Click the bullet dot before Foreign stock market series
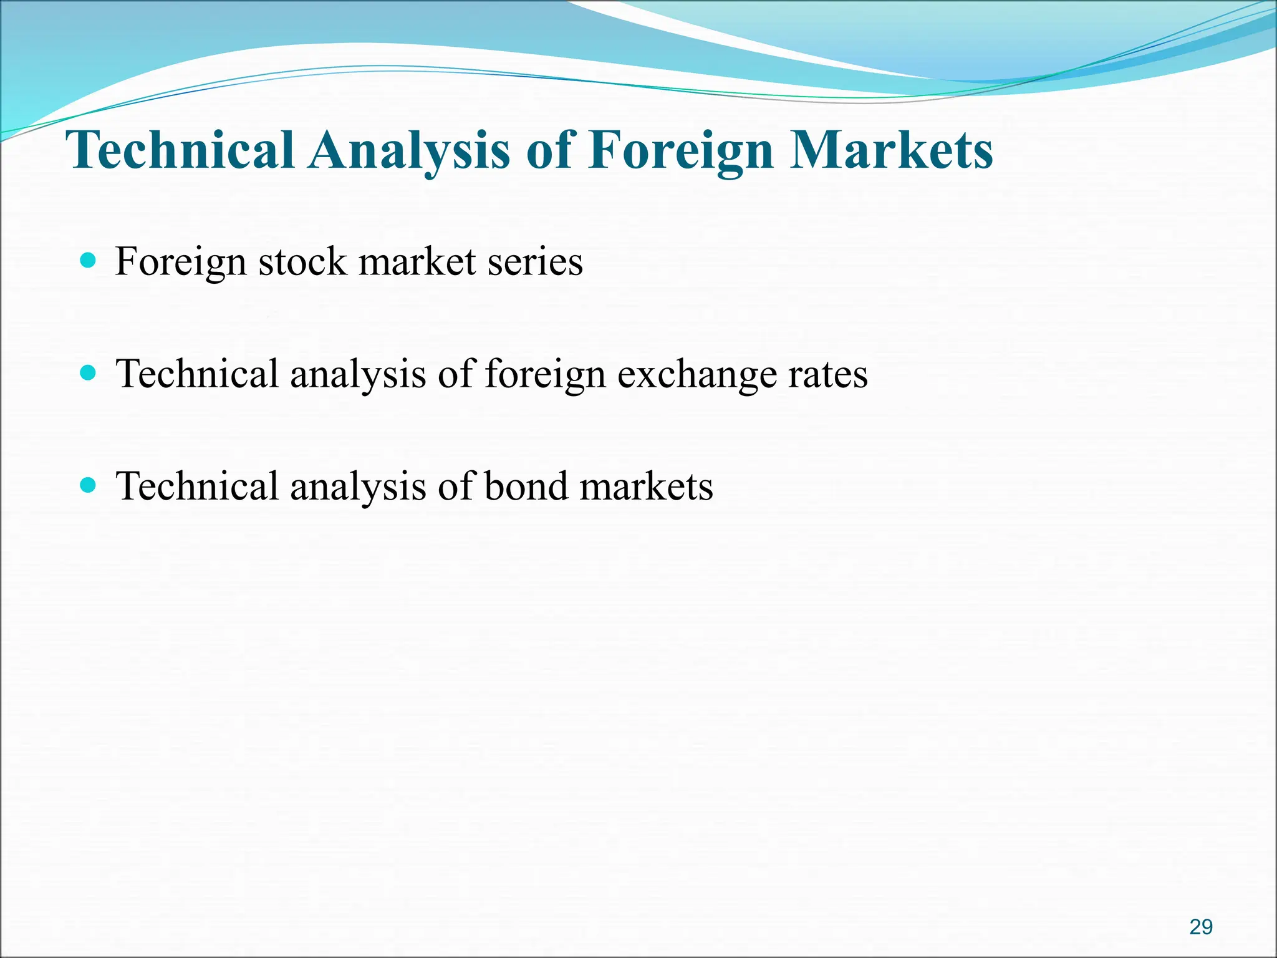coord(89,260)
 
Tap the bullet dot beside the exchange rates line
coord(89,373)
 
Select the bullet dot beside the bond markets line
coord(89,485)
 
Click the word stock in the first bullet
coord(302,261)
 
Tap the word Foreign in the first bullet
coord(180,263)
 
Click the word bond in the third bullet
coord(526,486)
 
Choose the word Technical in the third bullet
coord(197,486)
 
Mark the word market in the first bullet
coord(417,261)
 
